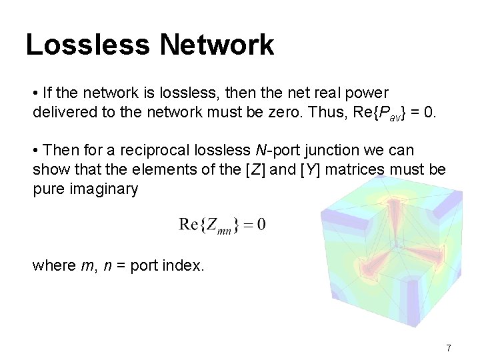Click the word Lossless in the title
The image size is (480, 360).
pos(87,45)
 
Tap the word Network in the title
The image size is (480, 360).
pos(217,45)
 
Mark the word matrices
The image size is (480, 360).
pos(364,170)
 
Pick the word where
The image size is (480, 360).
pos(54,265)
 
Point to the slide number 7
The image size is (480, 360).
pos(449,347)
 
